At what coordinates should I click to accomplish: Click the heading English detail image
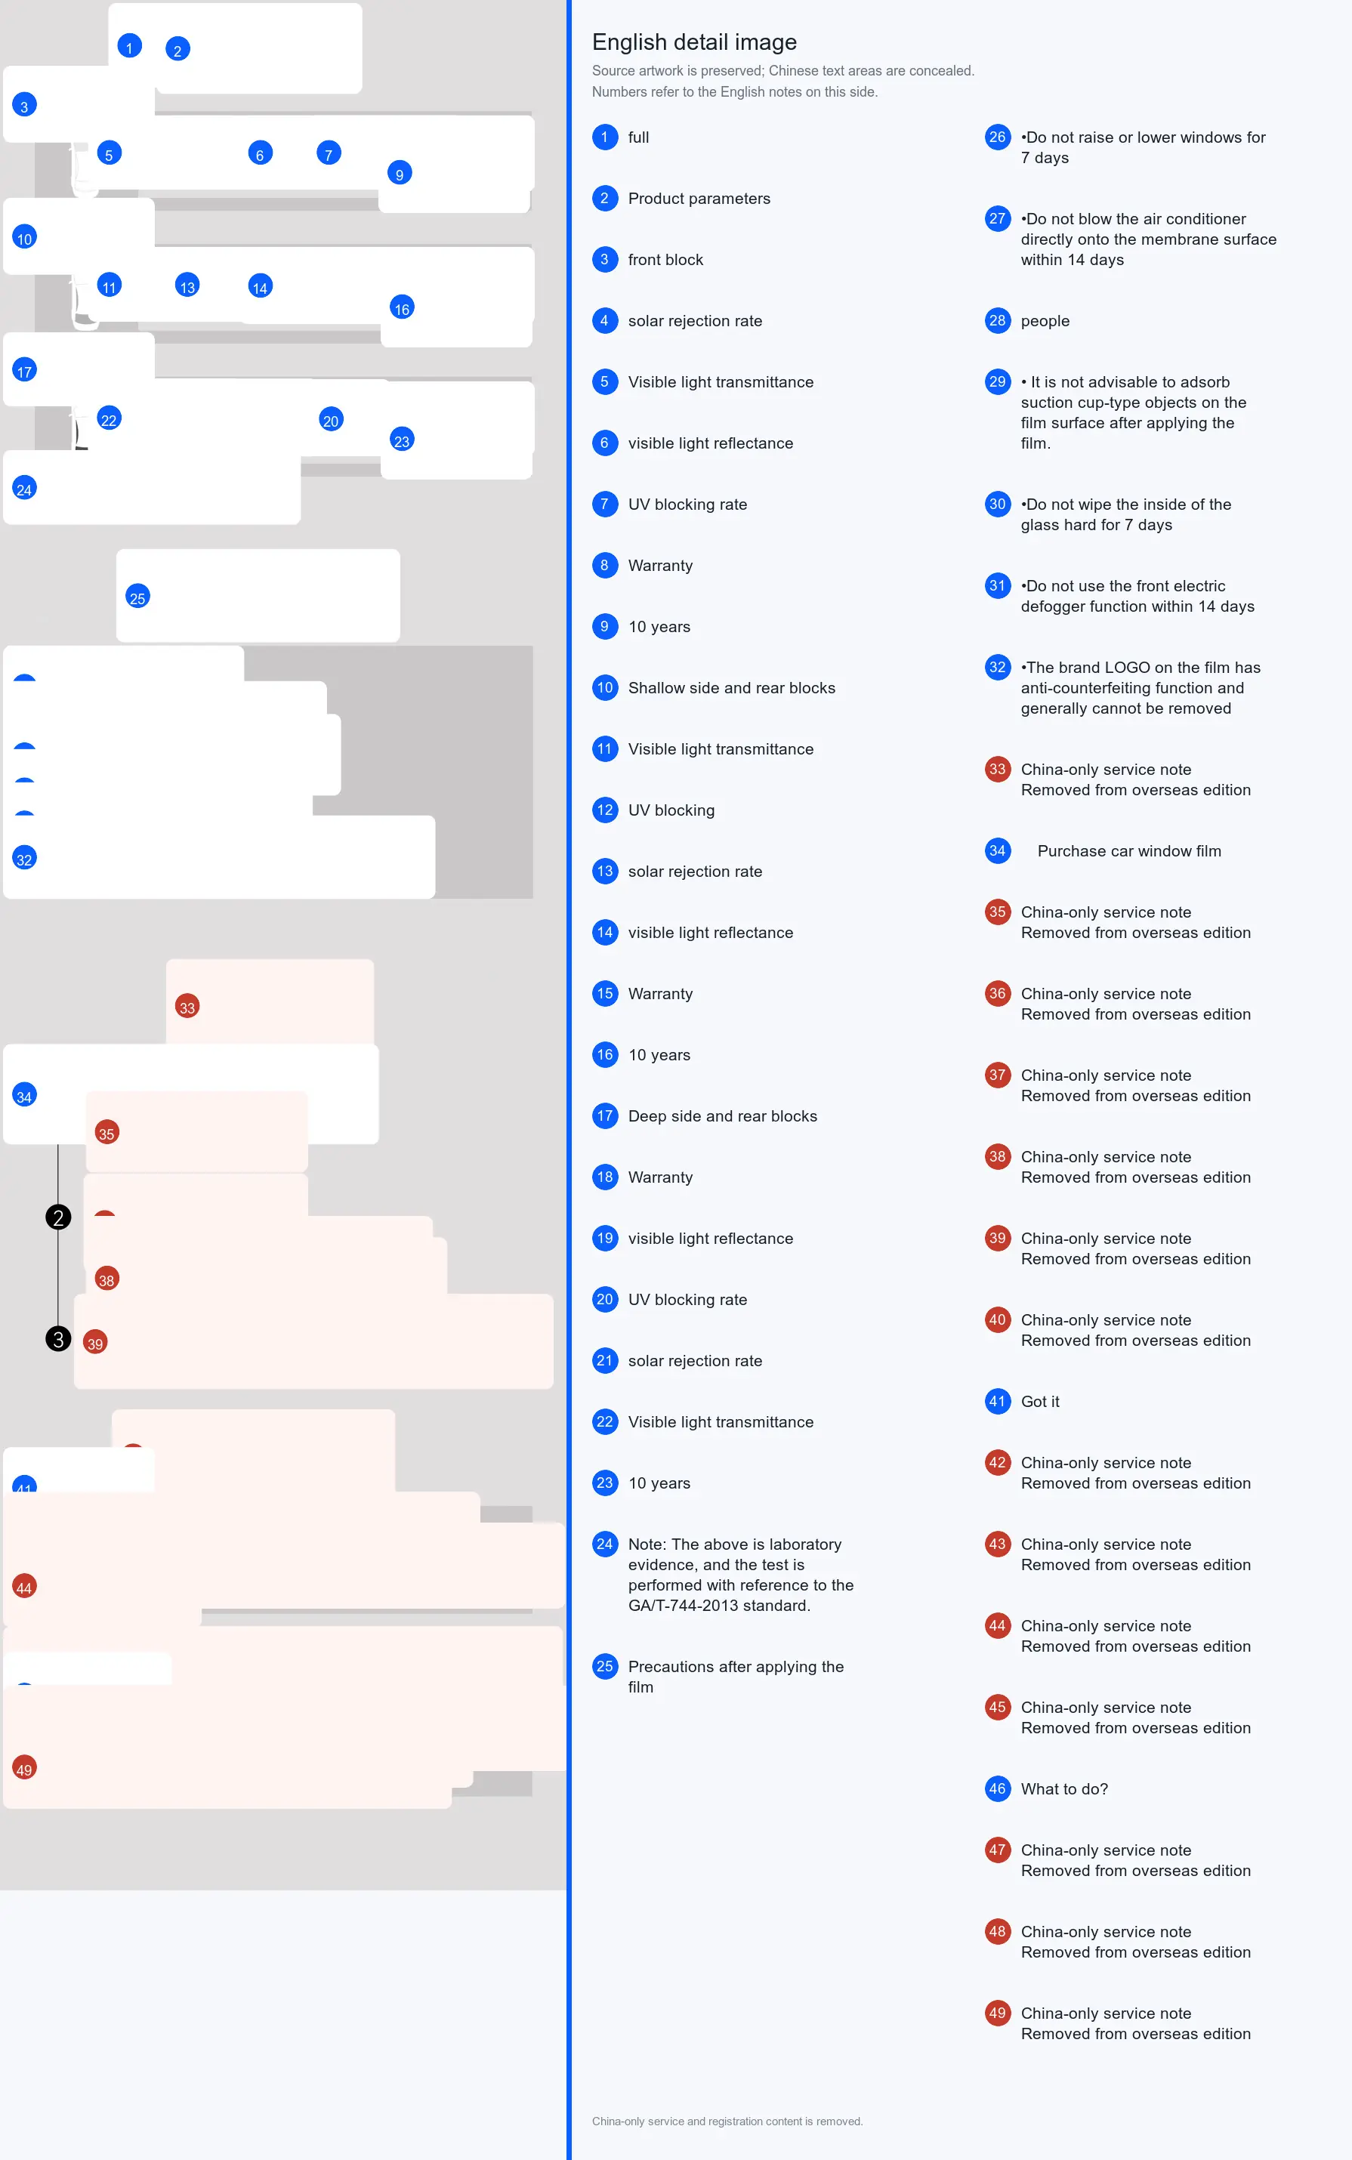[x=694, y=42]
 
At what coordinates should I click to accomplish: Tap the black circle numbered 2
[x=58, y=1217]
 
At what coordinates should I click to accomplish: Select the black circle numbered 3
[x=58, y=1338]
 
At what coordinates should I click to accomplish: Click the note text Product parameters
[x=699, y=199]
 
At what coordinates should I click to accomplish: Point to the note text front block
[x=665, y=259]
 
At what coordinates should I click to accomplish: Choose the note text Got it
[x=1040, y=1401]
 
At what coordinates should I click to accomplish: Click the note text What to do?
[x=1064, y=1788]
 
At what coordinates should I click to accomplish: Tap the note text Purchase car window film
[x=1128, y=850]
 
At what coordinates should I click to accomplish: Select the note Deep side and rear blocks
[x=723, y=1115]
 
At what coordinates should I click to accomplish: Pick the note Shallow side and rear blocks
[x=731, y=687]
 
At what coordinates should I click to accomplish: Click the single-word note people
[x=1045, y=321]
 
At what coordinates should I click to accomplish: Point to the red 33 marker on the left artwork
[x=187, y=1007]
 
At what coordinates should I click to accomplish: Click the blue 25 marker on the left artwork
[x=137, y=597]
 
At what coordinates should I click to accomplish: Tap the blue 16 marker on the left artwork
[x=403, y=307]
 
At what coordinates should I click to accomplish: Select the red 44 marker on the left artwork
[x=24, y=1587]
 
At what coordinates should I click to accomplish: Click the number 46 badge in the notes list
[x=997, y=1788]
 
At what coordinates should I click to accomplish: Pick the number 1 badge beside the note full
[x=604, y=137]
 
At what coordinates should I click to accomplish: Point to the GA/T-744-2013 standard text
[x=719, y=1605]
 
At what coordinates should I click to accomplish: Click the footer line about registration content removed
[x=727, y=2121]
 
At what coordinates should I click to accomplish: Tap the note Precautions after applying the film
[x=735, y=1677]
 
